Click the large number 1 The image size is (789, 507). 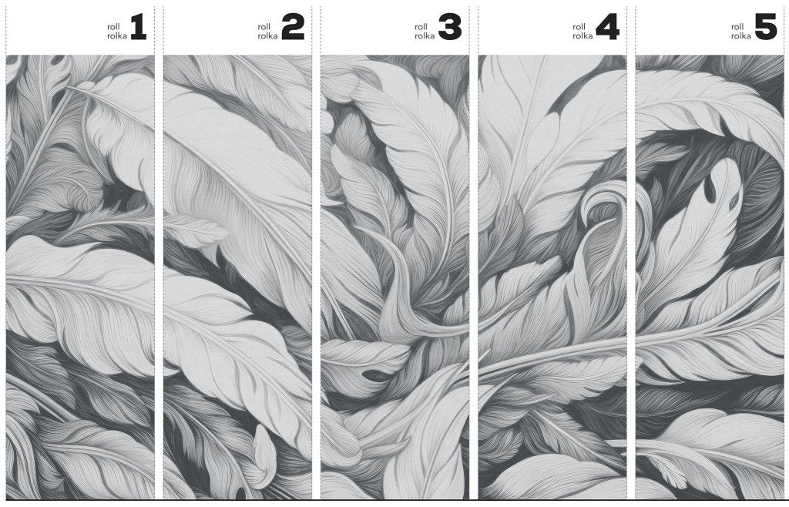click(x=139, y=27)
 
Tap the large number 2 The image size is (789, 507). click(x=293, y=27)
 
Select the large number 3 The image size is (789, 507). click(x=450, y=27)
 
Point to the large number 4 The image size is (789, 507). click(x=607, y=27)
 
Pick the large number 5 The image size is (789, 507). click(x=766, y=27)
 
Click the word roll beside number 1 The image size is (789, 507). click(x=112, y=27)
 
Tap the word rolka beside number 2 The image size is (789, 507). click(x=267, y=35)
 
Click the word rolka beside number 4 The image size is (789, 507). click(x=583, y=35)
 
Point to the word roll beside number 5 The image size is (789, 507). click(x=737, y=27)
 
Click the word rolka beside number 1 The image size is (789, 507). click(x=117, y=35)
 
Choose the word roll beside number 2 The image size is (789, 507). click(x=264, y=27)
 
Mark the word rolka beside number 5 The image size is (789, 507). click(x=741, y=35)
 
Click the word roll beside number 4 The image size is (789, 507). click(x=578, y=27)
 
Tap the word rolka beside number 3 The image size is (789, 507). click(x=425, y=35)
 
